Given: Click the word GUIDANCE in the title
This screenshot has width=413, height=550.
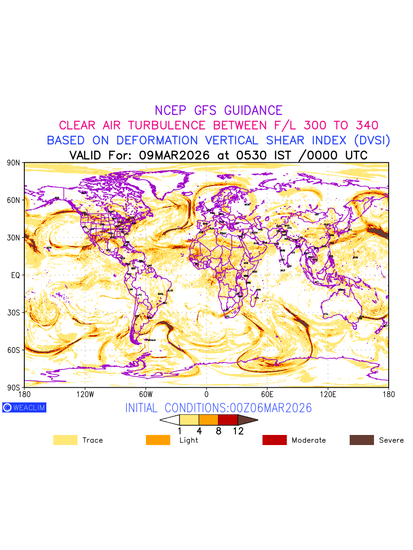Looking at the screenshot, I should [253, 110].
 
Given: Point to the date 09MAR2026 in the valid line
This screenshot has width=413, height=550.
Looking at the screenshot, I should [174, 155].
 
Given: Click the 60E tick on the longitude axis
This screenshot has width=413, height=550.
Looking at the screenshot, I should [267, 394].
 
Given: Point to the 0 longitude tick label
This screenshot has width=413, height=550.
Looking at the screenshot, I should [206, 394].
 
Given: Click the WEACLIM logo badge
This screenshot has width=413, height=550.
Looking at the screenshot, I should [24, 407].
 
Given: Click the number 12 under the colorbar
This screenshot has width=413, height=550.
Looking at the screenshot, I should [238, 431].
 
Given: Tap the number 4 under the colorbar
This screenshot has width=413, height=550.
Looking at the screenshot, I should [199, 431].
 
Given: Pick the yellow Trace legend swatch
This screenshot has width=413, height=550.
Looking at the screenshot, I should [65, 440].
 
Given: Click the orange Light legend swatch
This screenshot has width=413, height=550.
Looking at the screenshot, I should [158, 440].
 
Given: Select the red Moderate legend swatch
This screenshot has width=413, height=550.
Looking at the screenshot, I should [274, 440].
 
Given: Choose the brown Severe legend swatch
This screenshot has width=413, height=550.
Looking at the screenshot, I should [362, 440].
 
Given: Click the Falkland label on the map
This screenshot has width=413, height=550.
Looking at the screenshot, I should [151, 340].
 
